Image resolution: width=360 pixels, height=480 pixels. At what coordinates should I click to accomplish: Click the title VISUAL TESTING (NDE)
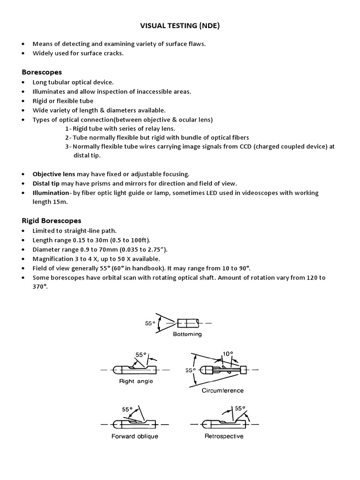point(180,26)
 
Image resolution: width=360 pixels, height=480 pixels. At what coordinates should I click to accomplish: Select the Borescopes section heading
point(42,72)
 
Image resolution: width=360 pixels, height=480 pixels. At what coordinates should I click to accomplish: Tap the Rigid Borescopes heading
point(52,220)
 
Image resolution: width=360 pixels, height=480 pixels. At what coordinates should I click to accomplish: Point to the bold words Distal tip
point(45,183)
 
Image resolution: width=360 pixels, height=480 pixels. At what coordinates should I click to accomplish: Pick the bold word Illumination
point(51,193)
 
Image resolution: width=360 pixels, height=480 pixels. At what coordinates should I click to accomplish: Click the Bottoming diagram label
point(187,334)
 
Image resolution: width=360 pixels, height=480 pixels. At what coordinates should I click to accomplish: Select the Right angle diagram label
point(136,381)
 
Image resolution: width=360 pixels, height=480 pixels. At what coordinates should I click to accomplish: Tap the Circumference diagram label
point(222,390)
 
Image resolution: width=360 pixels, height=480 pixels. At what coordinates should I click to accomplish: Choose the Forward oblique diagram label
point(135,436)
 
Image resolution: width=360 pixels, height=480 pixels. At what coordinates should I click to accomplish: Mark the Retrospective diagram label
point(224,436)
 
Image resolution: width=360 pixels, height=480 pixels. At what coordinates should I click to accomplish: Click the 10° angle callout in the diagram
point(227,354)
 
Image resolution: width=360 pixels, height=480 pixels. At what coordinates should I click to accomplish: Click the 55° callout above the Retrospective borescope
point(240,408)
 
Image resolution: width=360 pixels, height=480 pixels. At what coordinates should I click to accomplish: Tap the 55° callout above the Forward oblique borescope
point(127,409)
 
